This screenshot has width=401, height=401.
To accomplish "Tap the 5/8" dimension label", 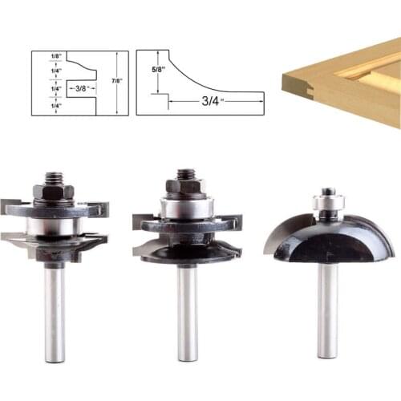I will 158,70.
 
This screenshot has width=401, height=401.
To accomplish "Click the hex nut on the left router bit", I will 53,192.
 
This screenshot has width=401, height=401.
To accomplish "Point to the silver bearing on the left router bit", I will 53,225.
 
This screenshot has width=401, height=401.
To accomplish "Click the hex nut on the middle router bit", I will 184,186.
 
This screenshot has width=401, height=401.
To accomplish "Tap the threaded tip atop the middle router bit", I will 185,172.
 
